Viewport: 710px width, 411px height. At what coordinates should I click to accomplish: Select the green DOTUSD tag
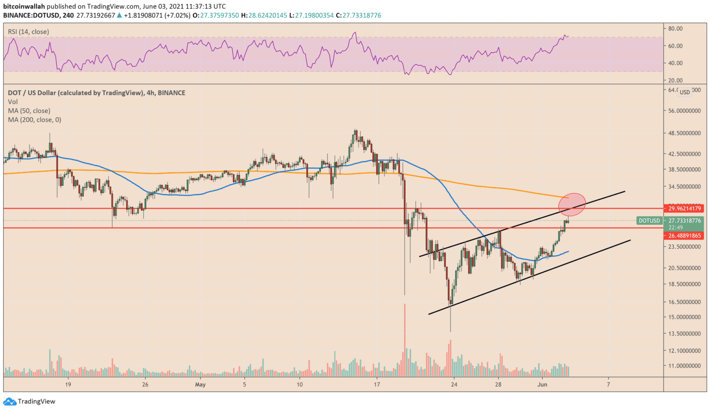click(649, 221)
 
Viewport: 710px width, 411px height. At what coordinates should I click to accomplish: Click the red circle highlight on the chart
click(572, 204)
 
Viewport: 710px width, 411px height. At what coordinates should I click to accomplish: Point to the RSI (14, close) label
click(28, 31)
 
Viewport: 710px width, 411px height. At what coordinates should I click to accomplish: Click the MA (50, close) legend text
click(29, 110)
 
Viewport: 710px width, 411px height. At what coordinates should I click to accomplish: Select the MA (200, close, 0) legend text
click(35, 119)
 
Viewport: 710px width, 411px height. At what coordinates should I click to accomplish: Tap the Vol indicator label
click(13, 102)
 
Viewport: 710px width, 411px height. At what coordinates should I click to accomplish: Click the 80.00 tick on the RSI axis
click(675, 28)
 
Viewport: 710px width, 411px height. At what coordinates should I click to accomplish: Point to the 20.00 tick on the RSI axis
click(675, 80)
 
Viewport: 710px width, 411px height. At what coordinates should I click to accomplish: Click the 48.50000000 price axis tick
click(685, 133)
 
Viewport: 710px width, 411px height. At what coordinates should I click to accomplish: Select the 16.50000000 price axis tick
click(685, 302)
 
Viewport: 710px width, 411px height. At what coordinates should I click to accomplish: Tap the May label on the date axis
click(200, 384)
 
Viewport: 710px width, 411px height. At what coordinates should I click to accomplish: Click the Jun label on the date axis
click(542, 384)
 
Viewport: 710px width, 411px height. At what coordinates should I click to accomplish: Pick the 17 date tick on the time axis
click(377, 384)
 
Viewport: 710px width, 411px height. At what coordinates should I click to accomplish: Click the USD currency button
click(685, 92)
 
